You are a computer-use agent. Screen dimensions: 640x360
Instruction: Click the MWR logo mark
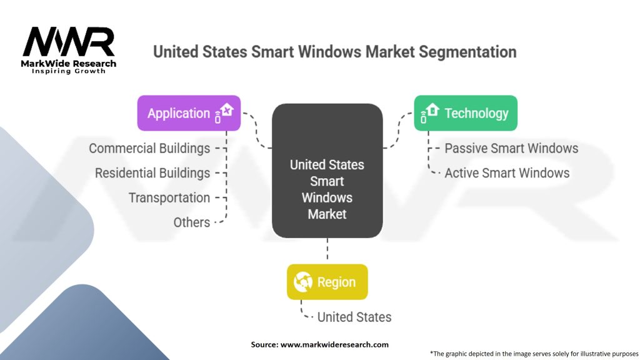(x=69, y=42)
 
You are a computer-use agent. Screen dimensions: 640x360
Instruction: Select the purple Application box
(x=189, y=113)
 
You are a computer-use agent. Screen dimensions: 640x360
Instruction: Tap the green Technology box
(x=466, y=113)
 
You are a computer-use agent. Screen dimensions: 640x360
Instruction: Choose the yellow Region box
(x=327, y=282)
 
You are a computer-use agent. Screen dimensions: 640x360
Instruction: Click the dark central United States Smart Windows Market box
(x=327, y=171)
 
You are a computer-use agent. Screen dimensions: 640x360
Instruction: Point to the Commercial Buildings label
(x=149, y=148)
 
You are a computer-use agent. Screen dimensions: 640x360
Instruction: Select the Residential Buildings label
(x=152, y=173)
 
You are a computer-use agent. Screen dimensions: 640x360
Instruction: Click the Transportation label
(x=169, y=198)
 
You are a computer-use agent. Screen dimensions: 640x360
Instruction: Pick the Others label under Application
(x=192, y=222)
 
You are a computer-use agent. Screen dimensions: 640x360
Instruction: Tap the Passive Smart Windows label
(x=511, y=148)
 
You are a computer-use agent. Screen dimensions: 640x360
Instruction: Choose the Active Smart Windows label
(x=507, y=173)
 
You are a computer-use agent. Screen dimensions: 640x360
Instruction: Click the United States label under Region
(x=354, y=317)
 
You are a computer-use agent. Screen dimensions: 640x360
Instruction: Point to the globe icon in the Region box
(x=303, y=282)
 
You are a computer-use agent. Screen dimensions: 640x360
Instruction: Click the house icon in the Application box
(x=224, y=112)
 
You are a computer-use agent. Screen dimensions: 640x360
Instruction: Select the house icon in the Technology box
(x=429, y=112)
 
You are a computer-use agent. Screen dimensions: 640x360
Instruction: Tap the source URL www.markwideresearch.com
(x=334, y=344)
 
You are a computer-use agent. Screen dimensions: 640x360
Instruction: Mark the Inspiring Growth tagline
(x=69, y=71)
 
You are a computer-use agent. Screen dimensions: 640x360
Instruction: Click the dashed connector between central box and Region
(x=327, y=249)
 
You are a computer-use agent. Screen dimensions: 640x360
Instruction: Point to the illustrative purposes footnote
(x=534, y=354)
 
